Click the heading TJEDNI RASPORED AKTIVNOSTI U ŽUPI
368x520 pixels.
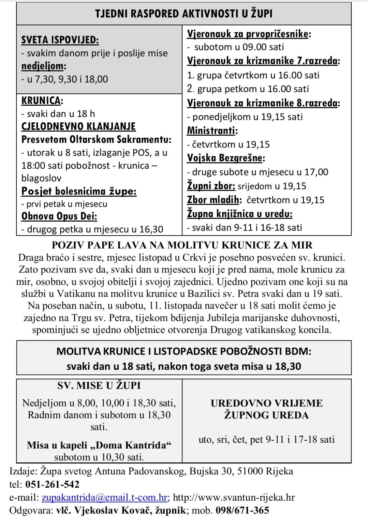coord(183,14)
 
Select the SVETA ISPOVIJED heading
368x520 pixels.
coord(60,40)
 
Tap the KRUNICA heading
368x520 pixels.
coord(41,101)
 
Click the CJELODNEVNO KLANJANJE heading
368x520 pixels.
coord(78,126)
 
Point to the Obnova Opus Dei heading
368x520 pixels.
coord(59,216)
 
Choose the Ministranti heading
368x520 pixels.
coord(211,131)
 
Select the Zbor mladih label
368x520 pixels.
coord(214,200)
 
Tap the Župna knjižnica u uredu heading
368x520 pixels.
coord(239,214)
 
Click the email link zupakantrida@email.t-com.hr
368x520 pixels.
coord(104,497)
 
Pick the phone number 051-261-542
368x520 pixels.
coord(52,484)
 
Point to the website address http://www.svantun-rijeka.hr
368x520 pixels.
coord(234,497)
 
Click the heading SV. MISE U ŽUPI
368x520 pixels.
coord(99,385)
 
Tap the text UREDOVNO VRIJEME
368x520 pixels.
coord(266,403)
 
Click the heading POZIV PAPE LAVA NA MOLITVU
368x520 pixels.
coord(182,245)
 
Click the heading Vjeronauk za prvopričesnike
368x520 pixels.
coord(248,34)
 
